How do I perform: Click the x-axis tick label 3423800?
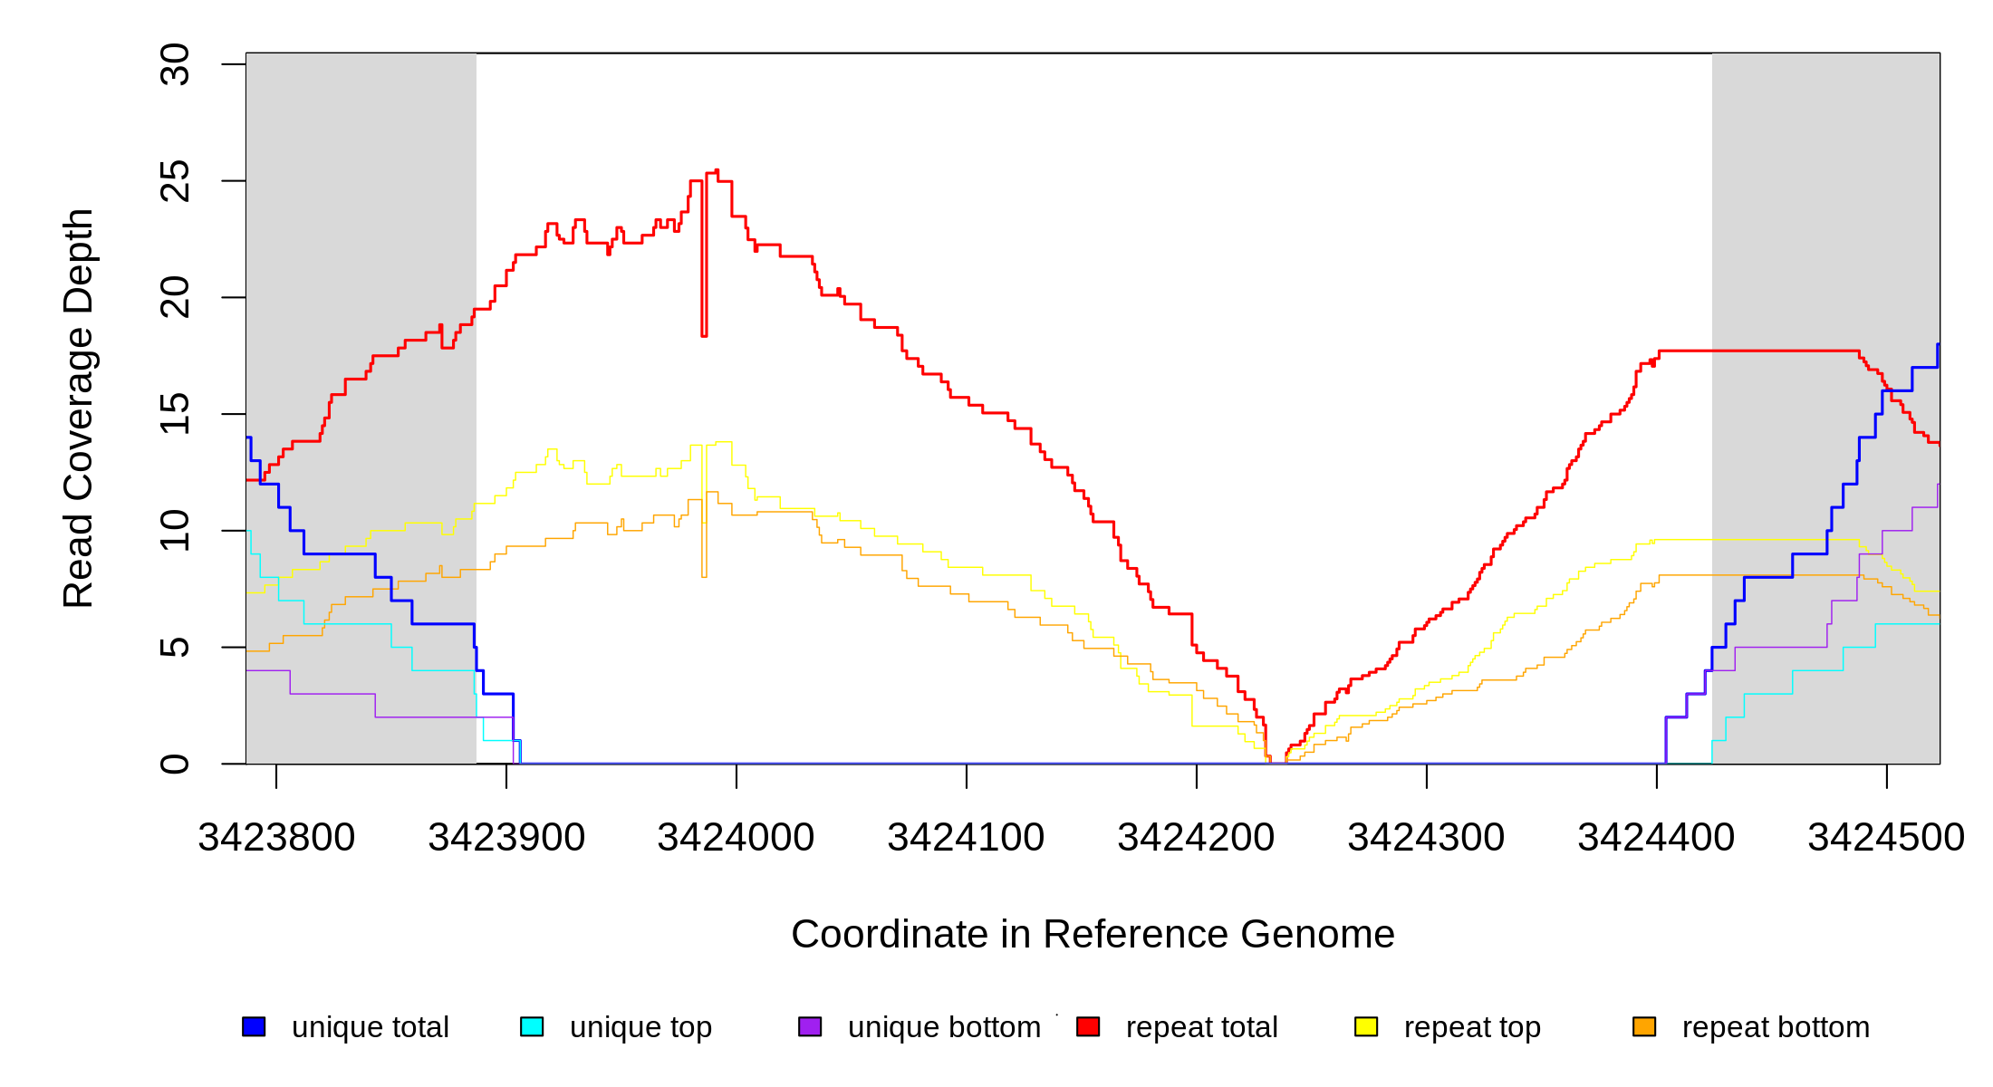276,838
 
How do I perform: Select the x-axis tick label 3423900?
506,838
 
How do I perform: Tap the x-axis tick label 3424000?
736,838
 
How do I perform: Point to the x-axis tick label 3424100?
966,838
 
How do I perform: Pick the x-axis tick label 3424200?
1196,838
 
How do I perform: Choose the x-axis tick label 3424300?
1426,838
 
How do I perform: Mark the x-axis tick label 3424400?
1656,838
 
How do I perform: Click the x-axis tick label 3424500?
1886,838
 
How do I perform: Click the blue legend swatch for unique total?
254,1026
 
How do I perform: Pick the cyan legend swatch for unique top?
532,1026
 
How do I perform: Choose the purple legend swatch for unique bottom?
810,1026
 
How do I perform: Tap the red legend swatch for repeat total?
1088,1026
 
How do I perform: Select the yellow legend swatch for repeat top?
1366,1026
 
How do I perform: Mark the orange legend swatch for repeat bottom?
1644,1026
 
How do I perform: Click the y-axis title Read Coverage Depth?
79,408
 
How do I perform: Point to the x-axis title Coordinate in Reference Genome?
1093,934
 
